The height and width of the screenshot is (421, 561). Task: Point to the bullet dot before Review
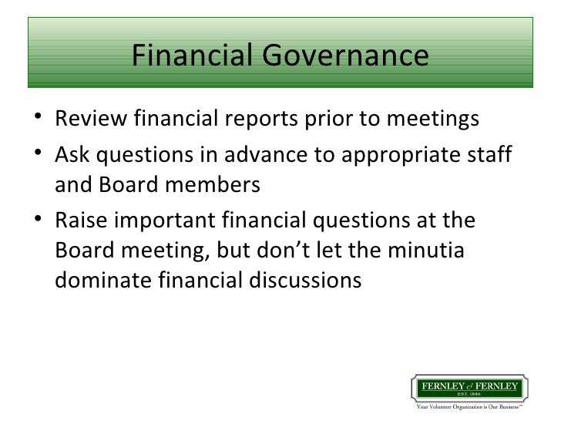pyautogui.click(x=39, y=121)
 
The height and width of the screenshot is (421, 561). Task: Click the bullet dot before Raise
pyautogui.click(x=39, y=221)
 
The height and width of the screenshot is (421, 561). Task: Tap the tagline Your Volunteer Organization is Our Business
pyautogui.click(x=470, y=409)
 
